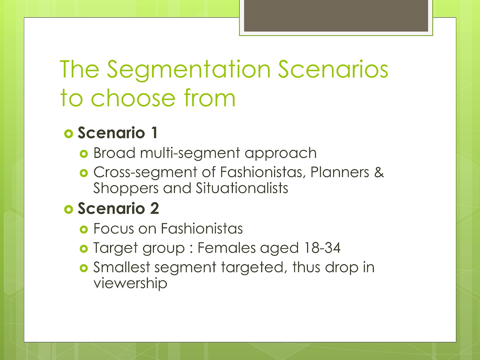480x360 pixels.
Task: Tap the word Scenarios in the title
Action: click(333, 70)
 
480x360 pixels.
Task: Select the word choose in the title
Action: click(133, 98)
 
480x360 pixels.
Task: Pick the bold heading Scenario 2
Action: click(118, 208)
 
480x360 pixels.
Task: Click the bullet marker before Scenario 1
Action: click(68, 133)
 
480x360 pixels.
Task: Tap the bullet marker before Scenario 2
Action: click(68, 209)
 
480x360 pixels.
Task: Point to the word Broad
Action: click(114, 153)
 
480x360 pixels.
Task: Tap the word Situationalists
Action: click(242, 188)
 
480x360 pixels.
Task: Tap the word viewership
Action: click(130, 283)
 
